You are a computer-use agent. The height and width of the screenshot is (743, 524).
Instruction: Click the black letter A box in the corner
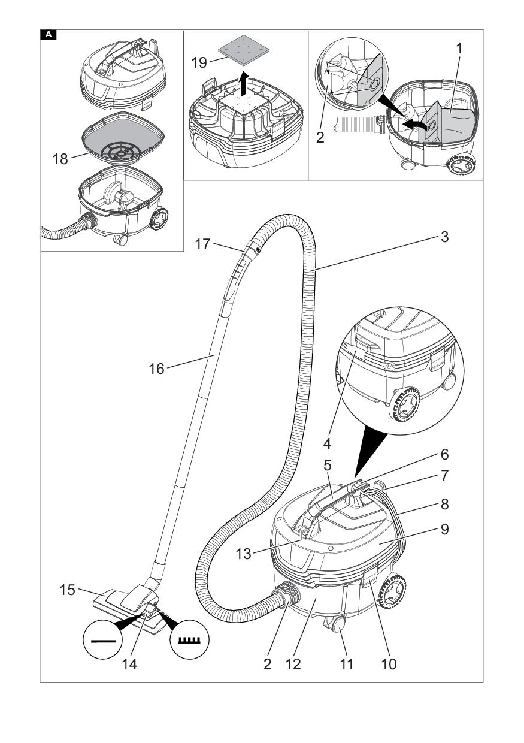pos(48,35)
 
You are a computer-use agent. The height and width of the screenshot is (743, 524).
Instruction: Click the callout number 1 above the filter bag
pos(460,49)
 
